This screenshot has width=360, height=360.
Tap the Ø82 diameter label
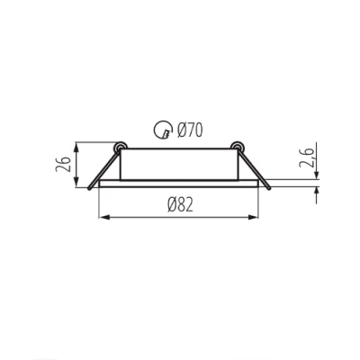coord(180,205)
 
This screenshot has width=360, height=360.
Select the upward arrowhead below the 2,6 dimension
coord(316,193)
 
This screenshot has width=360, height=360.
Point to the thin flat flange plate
coord(180,184)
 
